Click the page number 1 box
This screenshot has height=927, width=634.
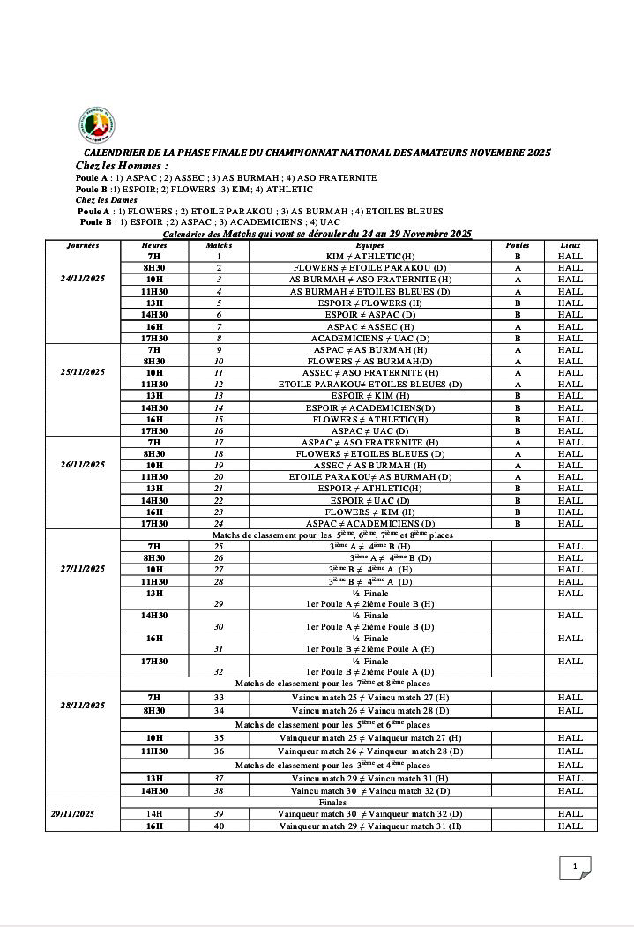pos(574,867)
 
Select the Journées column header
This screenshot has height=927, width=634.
pos(82,244)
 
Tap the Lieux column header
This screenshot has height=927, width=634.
pos(570,244)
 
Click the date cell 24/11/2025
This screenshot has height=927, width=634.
pos(82,279)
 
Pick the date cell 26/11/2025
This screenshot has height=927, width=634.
pos(82,464)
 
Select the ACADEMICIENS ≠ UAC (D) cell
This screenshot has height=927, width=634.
pos(369,338)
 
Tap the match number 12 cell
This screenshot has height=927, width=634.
pos(219,385)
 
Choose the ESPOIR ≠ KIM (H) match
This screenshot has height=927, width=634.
pos(369,396)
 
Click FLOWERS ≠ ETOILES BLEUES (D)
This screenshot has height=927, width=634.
pos(369,453)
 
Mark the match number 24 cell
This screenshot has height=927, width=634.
pos(219,523)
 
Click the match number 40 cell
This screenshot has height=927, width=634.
pos(219,826)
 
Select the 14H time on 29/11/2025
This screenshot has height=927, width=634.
pos(154,814)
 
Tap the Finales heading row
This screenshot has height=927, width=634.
pos(332,803)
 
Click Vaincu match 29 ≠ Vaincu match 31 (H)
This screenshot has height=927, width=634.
pos(369,779)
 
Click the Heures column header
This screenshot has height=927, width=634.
pos(154,244)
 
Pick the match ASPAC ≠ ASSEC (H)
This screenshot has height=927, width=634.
pos(369,326)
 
